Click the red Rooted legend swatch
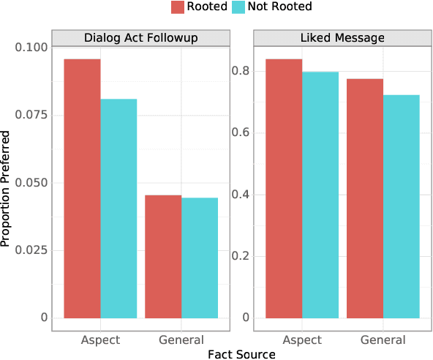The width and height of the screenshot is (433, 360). pos(178,7)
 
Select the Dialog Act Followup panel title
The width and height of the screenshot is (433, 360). pos(140,38)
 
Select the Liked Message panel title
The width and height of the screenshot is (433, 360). pos(342,38)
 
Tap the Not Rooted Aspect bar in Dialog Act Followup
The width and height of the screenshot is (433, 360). pos(118,209)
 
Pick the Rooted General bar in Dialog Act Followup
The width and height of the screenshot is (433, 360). pos(163,257)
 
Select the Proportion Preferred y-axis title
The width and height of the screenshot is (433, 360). pos(7,189)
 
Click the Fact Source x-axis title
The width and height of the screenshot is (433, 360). pos(241,354)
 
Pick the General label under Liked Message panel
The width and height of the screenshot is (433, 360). pos(383,340)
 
